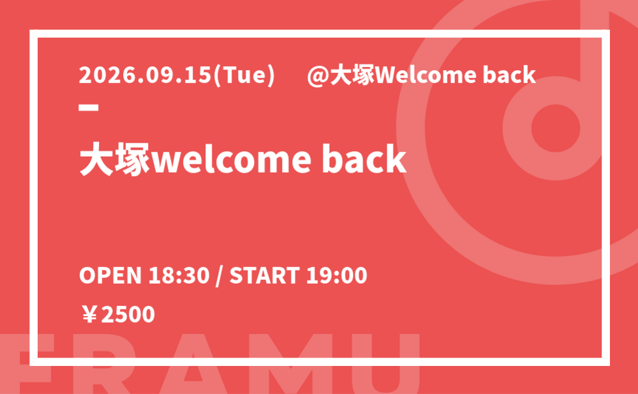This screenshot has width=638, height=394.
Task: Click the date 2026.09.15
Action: [x=145, y=75]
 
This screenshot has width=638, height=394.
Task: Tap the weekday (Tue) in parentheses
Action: [x=244, y=76]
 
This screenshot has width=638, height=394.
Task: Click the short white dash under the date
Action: [x=89, y=108]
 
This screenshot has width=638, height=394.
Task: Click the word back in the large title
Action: [x=364, y=159]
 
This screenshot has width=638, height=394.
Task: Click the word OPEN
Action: [x=110, y=275]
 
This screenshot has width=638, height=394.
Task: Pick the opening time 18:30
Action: [x=179, y=275]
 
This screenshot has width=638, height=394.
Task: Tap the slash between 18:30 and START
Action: [x=219, y=276]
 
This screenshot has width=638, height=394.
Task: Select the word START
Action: [x=265, y=275]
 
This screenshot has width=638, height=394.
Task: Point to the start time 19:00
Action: [x=336, y=275]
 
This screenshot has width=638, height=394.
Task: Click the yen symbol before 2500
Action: [x=89, y=314]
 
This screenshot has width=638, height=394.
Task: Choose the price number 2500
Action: [x=128, y=314]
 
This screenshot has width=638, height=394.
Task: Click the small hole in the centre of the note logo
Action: [x=556, y=128]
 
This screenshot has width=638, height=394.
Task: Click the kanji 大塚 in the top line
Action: [x=352, y=76]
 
